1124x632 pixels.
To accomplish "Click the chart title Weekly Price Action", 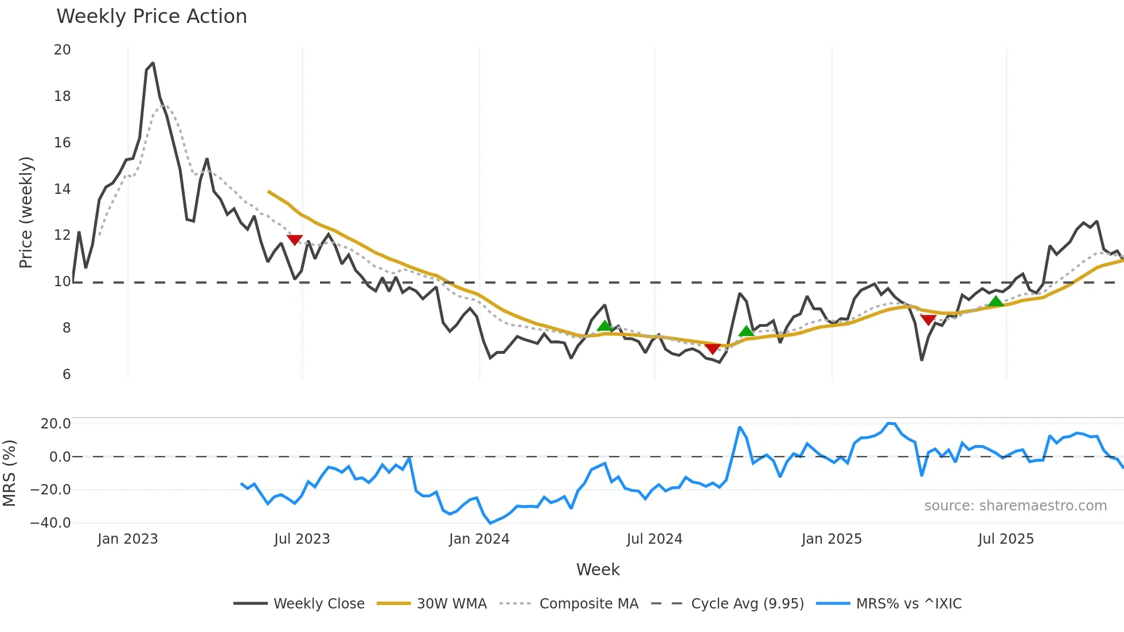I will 151,17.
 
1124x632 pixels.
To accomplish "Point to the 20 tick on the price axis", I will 63,50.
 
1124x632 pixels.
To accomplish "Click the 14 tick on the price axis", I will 63,189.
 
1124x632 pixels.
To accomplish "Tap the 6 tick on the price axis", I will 67,374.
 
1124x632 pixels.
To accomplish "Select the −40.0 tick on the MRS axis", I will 50,523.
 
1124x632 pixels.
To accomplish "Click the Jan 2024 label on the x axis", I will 479,539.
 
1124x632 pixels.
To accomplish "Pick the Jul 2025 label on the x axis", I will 1006,539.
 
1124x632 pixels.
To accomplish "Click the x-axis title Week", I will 598,569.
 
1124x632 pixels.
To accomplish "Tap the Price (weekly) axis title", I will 26,212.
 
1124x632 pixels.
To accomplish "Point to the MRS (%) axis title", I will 9,473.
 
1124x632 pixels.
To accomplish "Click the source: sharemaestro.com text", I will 1015,506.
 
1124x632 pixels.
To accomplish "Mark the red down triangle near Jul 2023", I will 294,239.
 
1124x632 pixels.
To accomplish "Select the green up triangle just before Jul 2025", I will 996,302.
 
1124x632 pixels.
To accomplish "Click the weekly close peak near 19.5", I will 153,63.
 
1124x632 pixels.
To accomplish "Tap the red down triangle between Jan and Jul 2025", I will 928,319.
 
